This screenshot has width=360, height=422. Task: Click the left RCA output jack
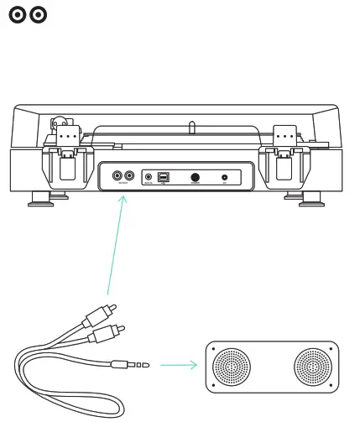coord(117,177)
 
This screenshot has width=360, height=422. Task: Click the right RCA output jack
coord(129,177)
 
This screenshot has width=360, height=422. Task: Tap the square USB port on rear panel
coord(164,178)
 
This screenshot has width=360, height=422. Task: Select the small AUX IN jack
coord(149,178)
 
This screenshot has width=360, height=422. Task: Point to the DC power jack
coord(225,178)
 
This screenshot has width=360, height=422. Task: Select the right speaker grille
coord(312,366)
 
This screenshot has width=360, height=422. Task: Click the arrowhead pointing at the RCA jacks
coord(124,198)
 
